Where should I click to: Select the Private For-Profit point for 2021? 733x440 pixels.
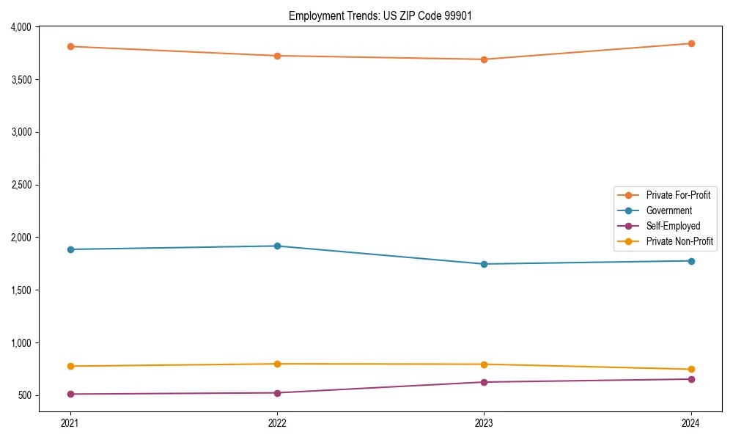70,46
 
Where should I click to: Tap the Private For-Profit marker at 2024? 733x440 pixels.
691,43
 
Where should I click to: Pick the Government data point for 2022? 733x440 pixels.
277,246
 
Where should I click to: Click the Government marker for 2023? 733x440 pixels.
484,264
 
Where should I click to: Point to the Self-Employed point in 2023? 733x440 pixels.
484,382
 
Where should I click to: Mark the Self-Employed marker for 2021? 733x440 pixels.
70,394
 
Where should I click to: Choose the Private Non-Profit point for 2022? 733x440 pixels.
277,364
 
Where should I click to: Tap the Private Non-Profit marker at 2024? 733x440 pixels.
691,370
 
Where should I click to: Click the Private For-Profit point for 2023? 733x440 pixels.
484,59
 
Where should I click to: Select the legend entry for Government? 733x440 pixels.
668,210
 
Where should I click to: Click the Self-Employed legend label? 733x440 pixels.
673,226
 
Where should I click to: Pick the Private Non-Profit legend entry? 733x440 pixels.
679,241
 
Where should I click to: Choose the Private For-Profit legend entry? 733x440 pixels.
678,195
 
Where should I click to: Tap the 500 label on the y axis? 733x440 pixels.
26,396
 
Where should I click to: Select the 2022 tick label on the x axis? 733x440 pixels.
277,422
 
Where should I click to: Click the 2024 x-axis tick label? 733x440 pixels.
691,422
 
